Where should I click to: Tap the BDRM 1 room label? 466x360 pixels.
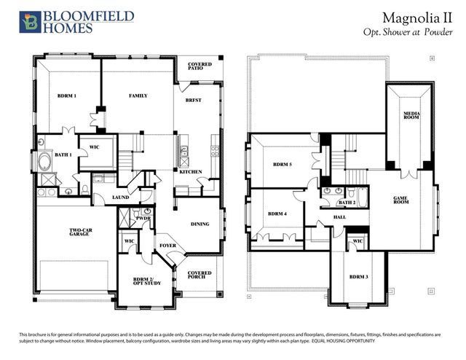[67, 96]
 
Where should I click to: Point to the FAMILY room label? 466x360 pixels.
[138, 96]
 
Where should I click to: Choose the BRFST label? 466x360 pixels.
[194, 100]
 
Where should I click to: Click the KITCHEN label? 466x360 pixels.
[191, 172]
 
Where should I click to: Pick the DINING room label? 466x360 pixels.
[200, 224]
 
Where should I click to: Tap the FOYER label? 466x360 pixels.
[169, 246]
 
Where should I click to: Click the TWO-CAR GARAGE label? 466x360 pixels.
[80, 234]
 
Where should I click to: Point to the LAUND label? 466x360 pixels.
[121, 197]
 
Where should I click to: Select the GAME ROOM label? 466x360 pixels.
[405, 200]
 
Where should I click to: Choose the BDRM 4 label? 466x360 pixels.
[277, 214]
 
